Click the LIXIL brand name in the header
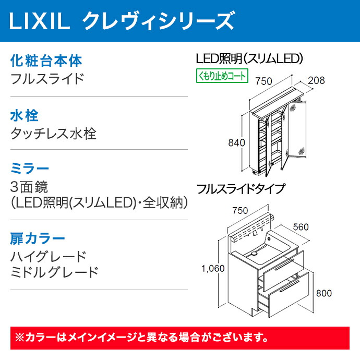click(x=39, y=21)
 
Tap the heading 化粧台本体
click(x=46, y=61)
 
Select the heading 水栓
click(x=25, y=115)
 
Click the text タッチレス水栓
click(x=53, y=134)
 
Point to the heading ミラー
click(x=29, y=169)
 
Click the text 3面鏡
click(x=29, y=187)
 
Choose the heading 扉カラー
click(x=38, y=239)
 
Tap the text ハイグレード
click(x=49, y=257)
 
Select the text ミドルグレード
click(x=55, y=272)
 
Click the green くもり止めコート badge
click(x=222, y=76)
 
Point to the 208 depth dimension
click(x=316, y=80)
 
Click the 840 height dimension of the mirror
click(x=236, y=143)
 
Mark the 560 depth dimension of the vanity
click(x=301, y=227)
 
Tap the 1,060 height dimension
click(x=213, y=268)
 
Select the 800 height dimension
click(x=323, y=293)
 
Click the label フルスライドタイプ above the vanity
click(x=241, y=189)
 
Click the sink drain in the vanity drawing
click(x=254, y=254)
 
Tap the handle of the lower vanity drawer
click(x=289, y=286)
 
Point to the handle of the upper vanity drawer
click(x=285, y=265)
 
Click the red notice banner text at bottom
click(x=141, y=338)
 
